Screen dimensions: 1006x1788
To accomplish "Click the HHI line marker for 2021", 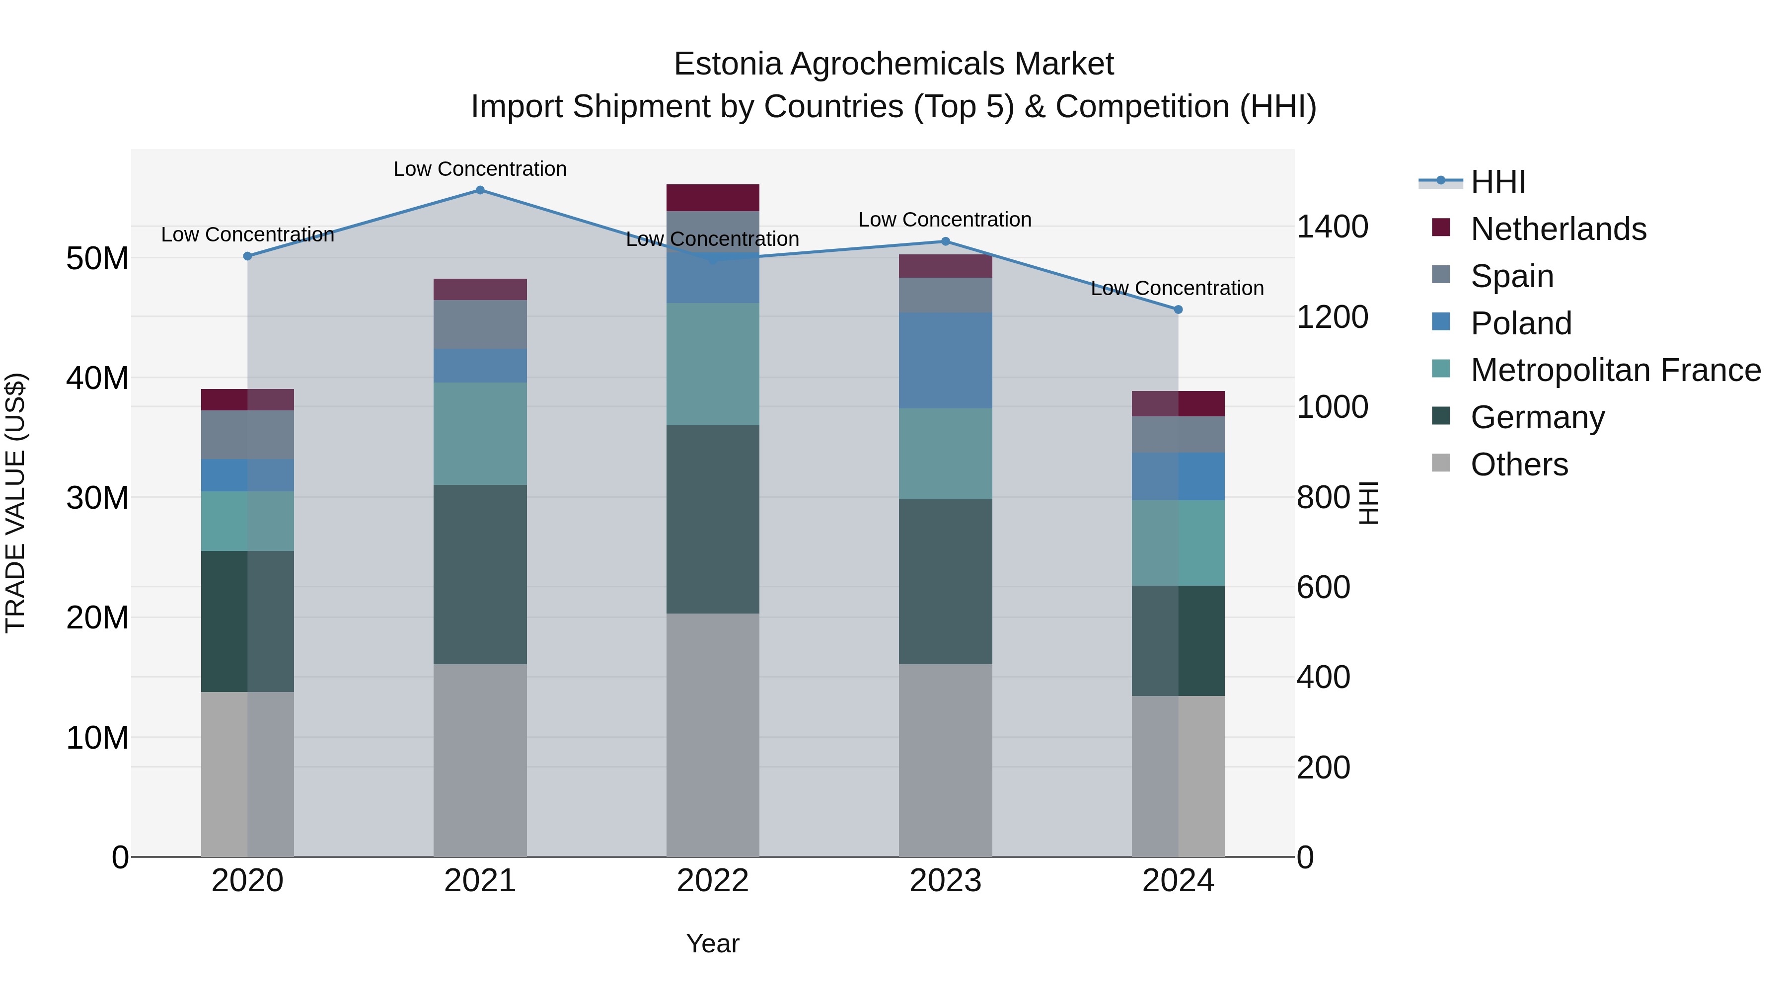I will tap(480, 190).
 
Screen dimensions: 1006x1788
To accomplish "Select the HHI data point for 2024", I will tap(1178, 310).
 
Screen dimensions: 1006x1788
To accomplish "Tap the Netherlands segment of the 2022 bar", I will tap(713, 198).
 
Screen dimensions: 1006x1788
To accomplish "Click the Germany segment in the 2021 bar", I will tap(480, 574).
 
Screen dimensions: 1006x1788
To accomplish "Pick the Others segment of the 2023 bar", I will tap(945, 760).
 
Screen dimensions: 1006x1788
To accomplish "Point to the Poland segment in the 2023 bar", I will tap(945, 360).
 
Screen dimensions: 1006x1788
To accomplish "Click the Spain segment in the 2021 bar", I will tap(480, 324).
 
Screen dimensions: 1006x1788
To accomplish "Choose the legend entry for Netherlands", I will tap(1558, 229).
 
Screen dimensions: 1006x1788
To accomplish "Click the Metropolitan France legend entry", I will tap(1615, 370).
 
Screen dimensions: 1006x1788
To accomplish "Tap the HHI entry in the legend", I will tap(1498, 182).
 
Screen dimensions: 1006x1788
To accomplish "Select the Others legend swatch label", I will tap(1519, 464).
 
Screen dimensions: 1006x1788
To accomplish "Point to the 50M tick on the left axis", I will tap(97, 259).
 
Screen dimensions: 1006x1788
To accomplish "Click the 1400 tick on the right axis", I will tap(1332, 227).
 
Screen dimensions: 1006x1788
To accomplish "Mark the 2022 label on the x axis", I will tap(713, 881).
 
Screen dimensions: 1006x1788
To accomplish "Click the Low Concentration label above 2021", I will tap(480, 169).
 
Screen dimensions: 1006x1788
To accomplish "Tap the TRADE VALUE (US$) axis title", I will tap(15, 503).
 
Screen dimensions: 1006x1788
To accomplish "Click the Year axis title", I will tap(713, 943).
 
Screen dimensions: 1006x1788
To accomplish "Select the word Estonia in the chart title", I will tap(728, 64).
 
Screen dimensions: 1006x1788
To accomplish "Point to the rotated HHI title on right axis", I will tap(1367, 503).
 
